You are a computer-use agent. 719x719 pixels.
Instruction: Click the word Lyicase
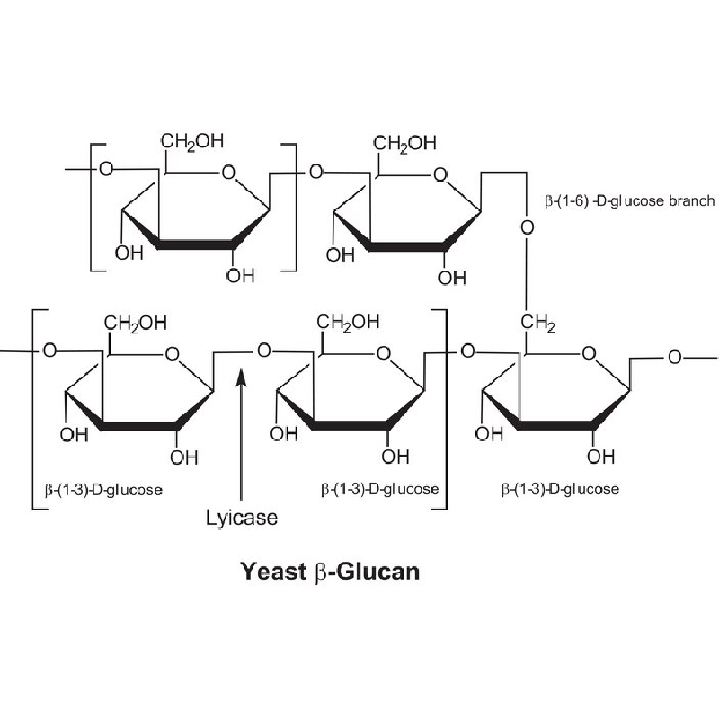tap(241, 519)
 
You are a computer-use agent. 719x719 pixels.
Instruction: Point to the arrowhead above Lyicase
tap(242, 378)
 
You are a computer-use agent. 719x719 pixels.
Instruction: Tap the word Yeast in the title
tap(273, 572)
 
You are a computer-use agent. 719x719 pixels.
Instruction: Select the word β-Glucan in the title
tap(368, 573)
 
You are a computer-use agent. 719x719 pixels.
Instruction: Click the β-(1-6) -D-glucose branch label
tap(630, 200)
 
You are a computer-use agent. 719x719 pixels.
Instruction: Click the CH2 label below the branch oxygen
tap(537, 323)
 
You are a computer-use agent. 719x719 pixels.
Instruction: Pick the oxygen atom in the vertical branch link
tap(528, 227)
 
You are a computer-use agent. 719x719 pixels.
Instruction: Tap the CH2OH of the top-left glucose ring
tap(192, 141)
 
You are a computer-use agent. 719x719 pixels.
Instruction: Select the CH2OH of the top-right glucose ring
tap(404, 144)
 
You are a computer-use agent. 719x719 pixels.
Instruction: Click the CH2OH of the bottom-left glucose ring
tap(136, 324)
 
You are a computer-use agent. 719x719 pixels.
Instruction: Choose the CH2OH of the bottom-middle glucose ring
tap(348, 322)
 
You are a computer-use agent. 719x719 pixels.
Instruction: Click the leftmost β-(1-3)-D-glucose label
tap(103, 490)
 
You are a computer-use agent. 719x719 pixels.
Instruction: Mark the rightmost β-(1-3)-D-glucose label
tap(560, 489)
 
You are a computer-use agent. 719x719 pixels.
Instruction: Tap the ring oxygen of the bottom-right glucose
tap(589, 353)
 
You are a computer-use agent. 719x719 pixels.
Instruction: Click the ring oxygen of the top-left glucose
tap(228, 173)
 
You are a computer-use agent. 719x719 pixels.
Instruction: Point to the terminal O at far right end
tap(675, 357)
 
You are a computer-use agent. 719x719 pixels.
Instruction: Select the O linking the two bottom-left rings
tap(264, 351)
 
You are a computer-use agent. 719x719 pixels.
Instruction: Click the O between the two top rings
tap(316, 173)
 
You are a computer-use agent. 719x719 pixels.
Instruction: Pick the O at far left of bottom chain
tap(49, 351)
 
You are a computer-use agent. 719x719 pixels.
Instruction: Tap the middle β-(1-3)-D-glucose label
tap(379, 490)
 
